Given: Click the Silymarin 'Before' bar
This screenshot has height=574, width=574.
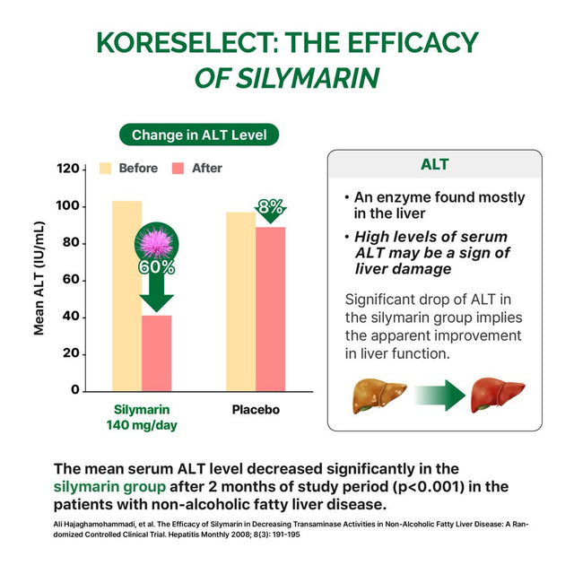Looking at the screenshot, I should coord(126,296).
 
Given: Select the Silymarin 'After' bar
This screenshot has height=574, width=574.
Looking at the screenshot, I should coord(156,354).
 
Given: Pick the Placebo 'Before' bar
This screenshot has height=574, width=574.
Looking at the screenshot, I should coord(240,301).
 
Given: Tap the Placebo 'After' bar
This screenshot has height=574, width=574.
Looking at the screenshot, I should coord(270,309).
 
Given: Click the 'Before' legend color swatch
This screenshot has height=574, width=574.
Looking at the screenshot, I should coord(106,168).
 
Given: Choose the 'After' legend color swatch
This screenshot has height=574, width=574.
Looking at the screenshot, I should coord(178,168).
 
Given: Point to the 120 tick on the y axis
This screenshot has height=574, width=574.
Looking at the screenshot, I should coord(67,169).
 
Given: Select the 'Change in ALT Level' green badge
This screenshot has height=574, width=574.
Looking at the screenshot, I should coord(199,135).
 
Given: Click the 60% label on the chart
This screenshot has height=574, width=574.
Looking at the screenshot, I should coord(156,266).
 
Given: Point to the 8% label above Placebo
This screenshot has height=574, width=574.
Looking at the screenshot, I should coord(270,206).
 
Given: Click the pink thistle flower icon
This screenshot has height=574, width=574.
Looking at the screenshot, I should coord(156,239).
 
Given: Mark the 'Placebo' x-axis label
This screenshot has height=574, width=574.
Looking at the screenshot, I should coord(256,410).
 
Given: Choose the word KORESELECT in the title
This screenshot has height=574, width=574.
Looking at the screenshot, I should coord(189,42).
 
